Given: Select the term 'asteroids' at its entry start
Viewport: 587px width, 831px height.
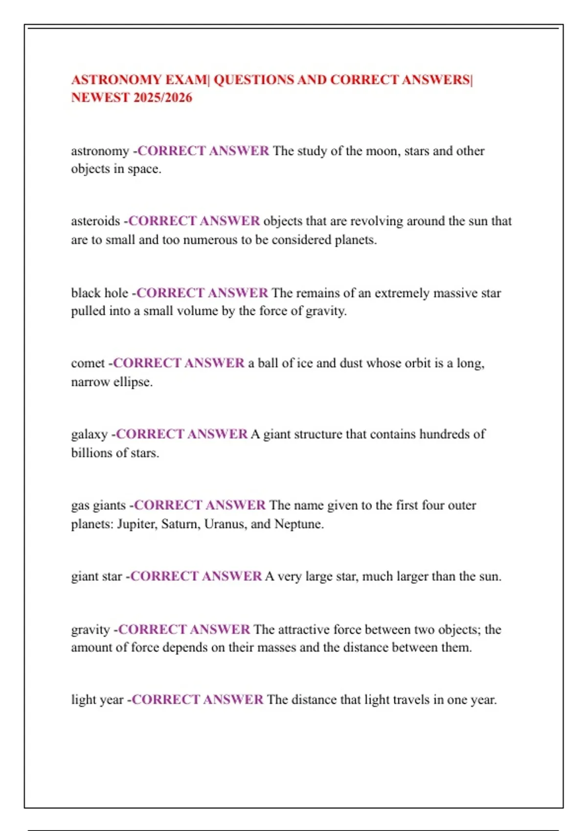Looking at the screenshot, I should pyautogui.click(x=95, y=221).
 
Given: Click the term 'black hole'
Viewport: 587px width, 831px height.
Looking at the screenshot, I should pyautogui.click(x=100, y=293).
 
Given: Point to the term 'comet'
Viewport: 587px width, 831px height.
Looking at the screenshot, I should pyautogui.click(x=88, y=363).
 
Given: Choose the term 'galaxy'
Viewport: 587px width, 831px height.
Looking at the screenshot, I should pyautogui.click(x=90, y=434).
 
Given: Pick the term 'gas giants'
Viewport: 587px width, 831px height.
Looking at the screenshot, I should pyautogui.click(x=98, y=505).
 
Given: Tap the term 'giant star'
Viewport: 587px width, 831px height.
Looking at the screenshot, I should pyautogui.click(x=96, y=576).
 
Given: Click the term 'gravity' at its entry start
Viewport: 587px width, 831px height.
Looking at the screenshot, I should pyautogui.click(x=90, y=630).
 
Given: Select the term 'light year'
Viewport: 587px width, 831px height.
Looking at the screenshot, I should pyautogui.click(x=97, y=700).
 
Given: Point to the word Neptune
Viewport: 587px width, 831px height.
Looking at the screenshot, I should pyautogui.click(x=298, y=524).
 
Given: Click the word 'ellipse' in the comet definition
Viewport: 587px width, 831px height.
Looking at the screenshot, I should pyautogui.click(x=133, y=382).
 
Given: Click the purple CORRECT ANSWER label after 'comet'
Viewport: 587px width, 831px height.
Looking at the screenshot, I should pyautogui.click(x=179, y=363).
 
